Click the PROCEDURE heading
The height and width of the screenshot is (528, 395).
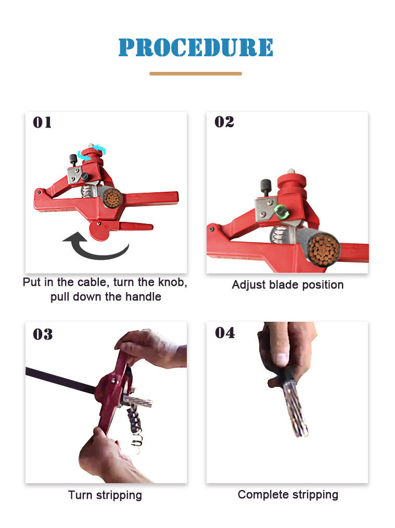click(x=196, y=47)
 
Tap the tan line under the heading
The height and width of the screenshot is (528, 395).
click(x=196, y=73)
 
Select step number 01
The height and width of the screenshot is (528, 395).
click(x=42, y=122)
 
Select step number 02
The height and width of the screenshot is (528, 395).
click(x=224, y=122)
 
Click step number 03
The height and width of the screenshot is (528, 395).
click(x=43, y=334)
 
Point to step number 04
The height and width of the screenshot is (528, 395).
click(x=225, y=333)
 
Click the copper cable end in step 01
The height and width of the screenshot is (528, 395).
click(x=113, y=197)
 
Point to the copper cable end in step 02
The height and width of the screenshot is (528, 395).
click(x=323, y=249)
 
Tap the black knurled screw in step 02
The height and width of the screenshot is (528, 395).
click(x=265, y=187)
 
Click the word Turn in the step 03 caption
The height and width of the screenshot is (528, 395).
click(x=81, y=495)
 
